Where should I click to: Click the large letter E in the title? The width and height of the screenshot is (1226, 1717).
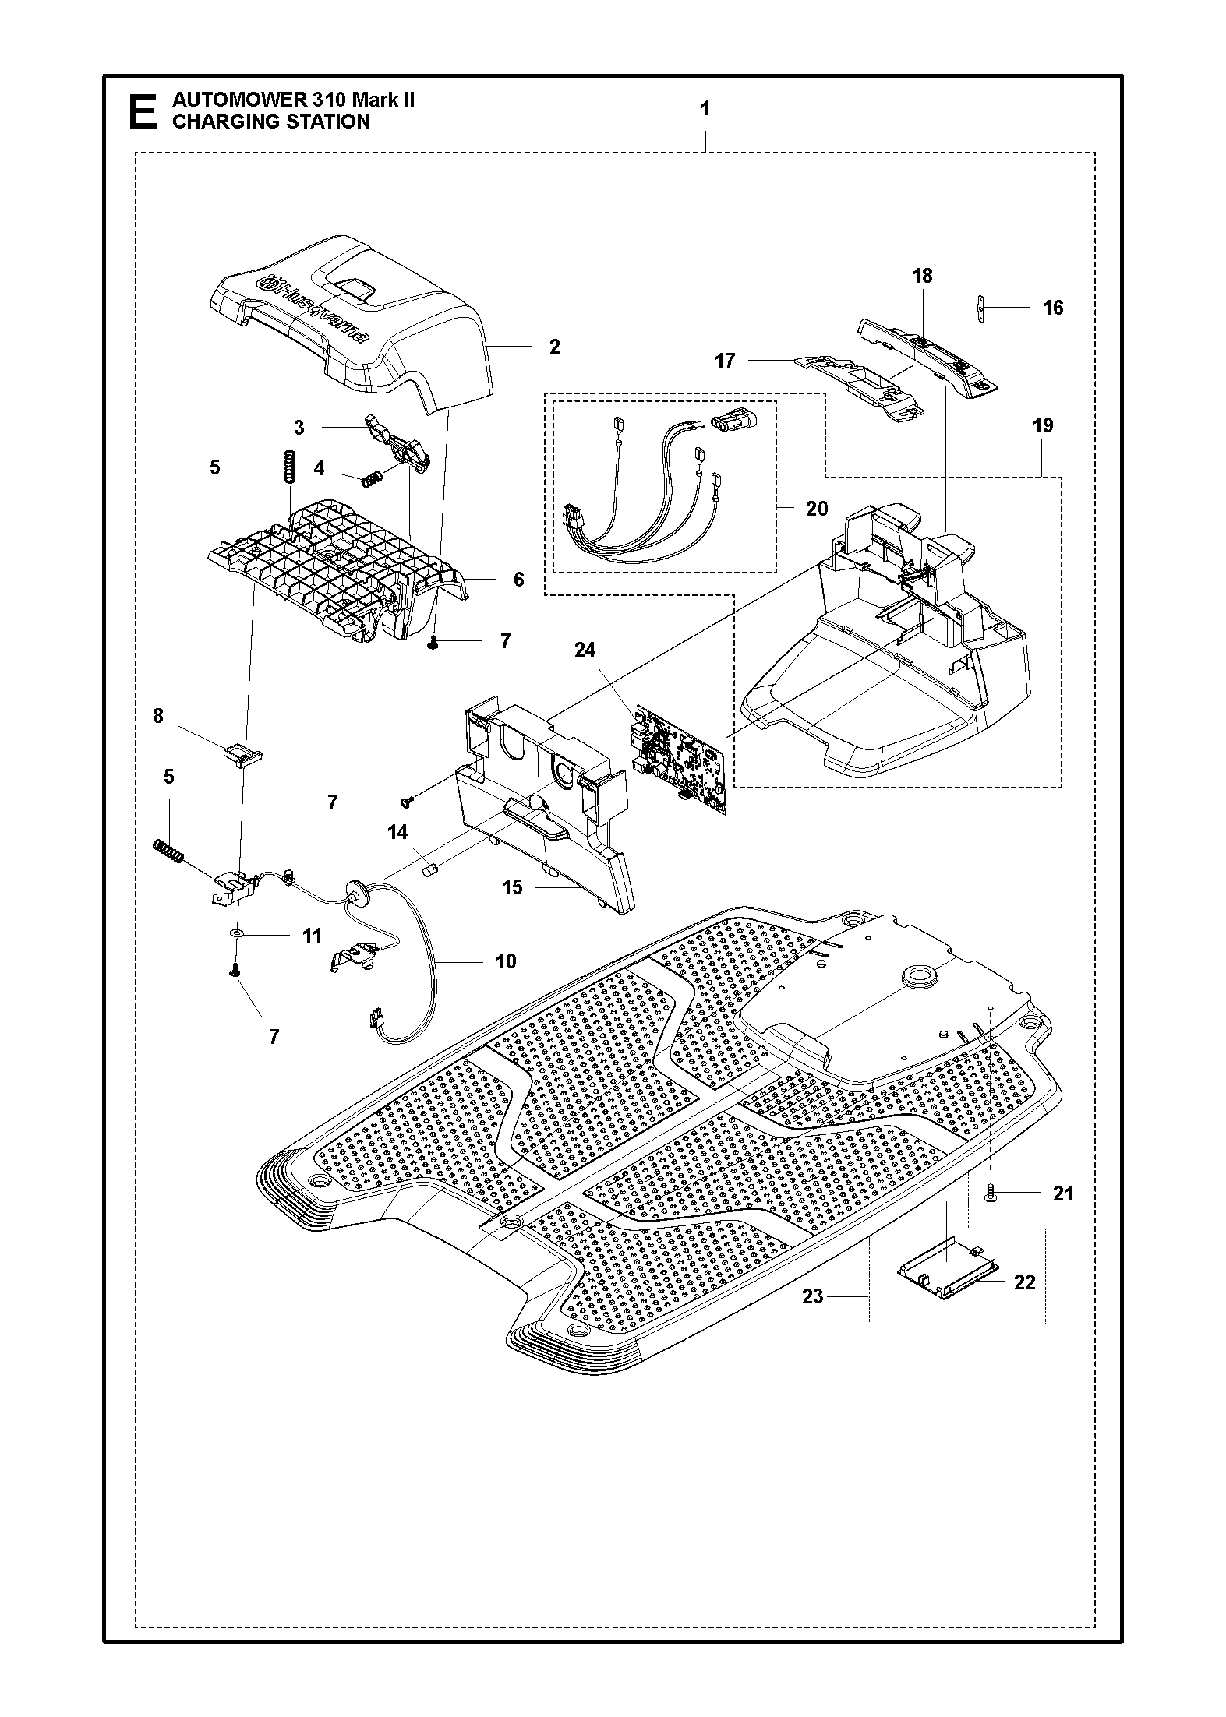[x=141, y=111]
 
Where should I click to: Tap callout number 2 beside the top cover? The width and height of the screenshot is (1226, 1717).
[x=554, y=347]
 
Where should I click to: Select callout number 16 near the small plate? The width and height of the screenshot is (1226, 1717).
[x=1052, y=308]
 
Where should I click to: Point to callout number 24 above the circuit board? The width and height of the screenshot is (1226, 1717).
[x=585, y=650]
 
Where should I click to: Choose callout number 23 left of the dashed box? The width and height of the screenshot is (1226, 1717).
[x=813, y=1296]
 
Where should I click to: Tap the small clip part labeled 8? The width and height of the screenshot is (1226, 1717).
[x=241, y=753]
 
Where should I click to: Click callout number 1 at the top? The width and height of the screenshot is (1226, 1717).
[x=705, y=109]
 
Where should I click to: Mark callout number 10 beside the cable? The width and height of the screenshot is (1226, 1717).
[x=506, y=961]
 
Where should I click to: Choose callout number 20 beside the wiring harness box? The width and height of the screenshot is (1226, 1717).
[x=816, y=509]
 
